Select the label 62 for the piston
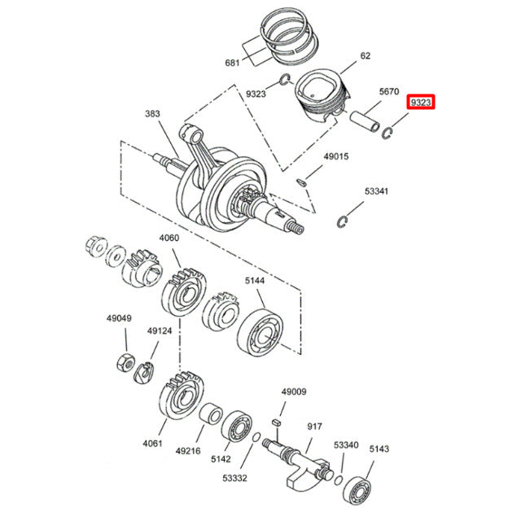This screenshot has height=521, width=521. (366, 56)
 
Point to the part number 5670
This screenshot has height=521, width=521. (388, 92)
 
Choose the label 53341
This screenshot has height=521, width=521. (376, 191)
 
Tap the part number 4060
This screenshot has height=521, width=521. (169, 239)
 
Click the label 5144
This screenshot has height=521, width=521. (256, 280)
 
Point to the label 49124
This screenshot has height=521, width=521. (159, 331)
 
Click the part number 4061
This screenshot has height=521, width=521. (154, 444)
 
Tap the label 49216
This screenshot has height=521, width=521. (188, 450)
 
